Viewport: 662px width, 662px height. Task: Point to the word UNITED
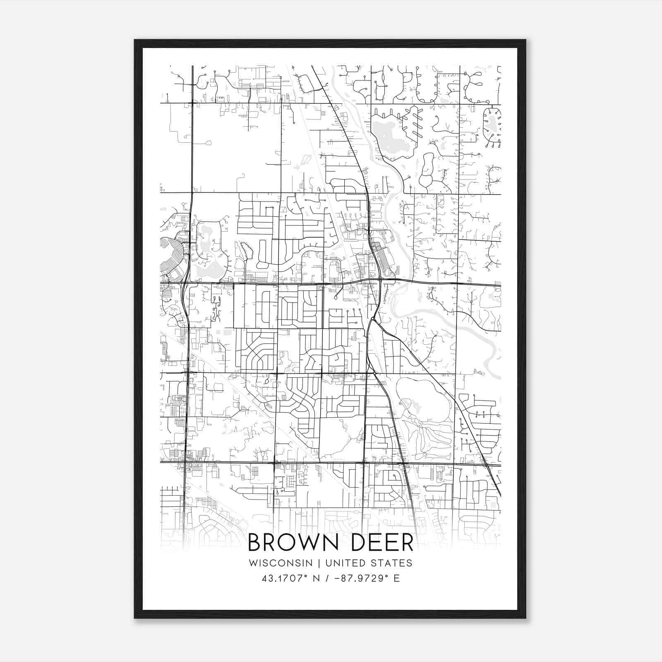[344, 563]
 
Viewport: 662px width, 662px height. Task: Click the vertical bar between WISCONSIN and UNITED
[319, 563]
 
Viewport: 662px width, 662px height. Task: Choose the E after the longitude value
[397, 578]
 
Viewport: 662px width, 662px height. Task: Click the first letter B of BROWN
[255, 543]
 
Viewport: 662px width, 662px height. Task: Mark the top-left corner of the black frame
[135, 41]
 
